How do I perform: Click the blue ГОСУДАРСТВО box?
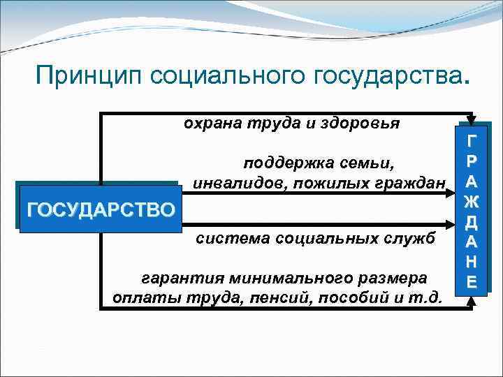point(98,208)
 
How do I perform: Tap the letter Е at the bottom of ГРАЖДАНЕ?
point(472,281)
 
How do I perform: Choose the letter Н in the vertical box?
point(472,262)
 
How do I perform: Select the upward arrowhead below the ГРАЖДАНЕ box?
point(472,301)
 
